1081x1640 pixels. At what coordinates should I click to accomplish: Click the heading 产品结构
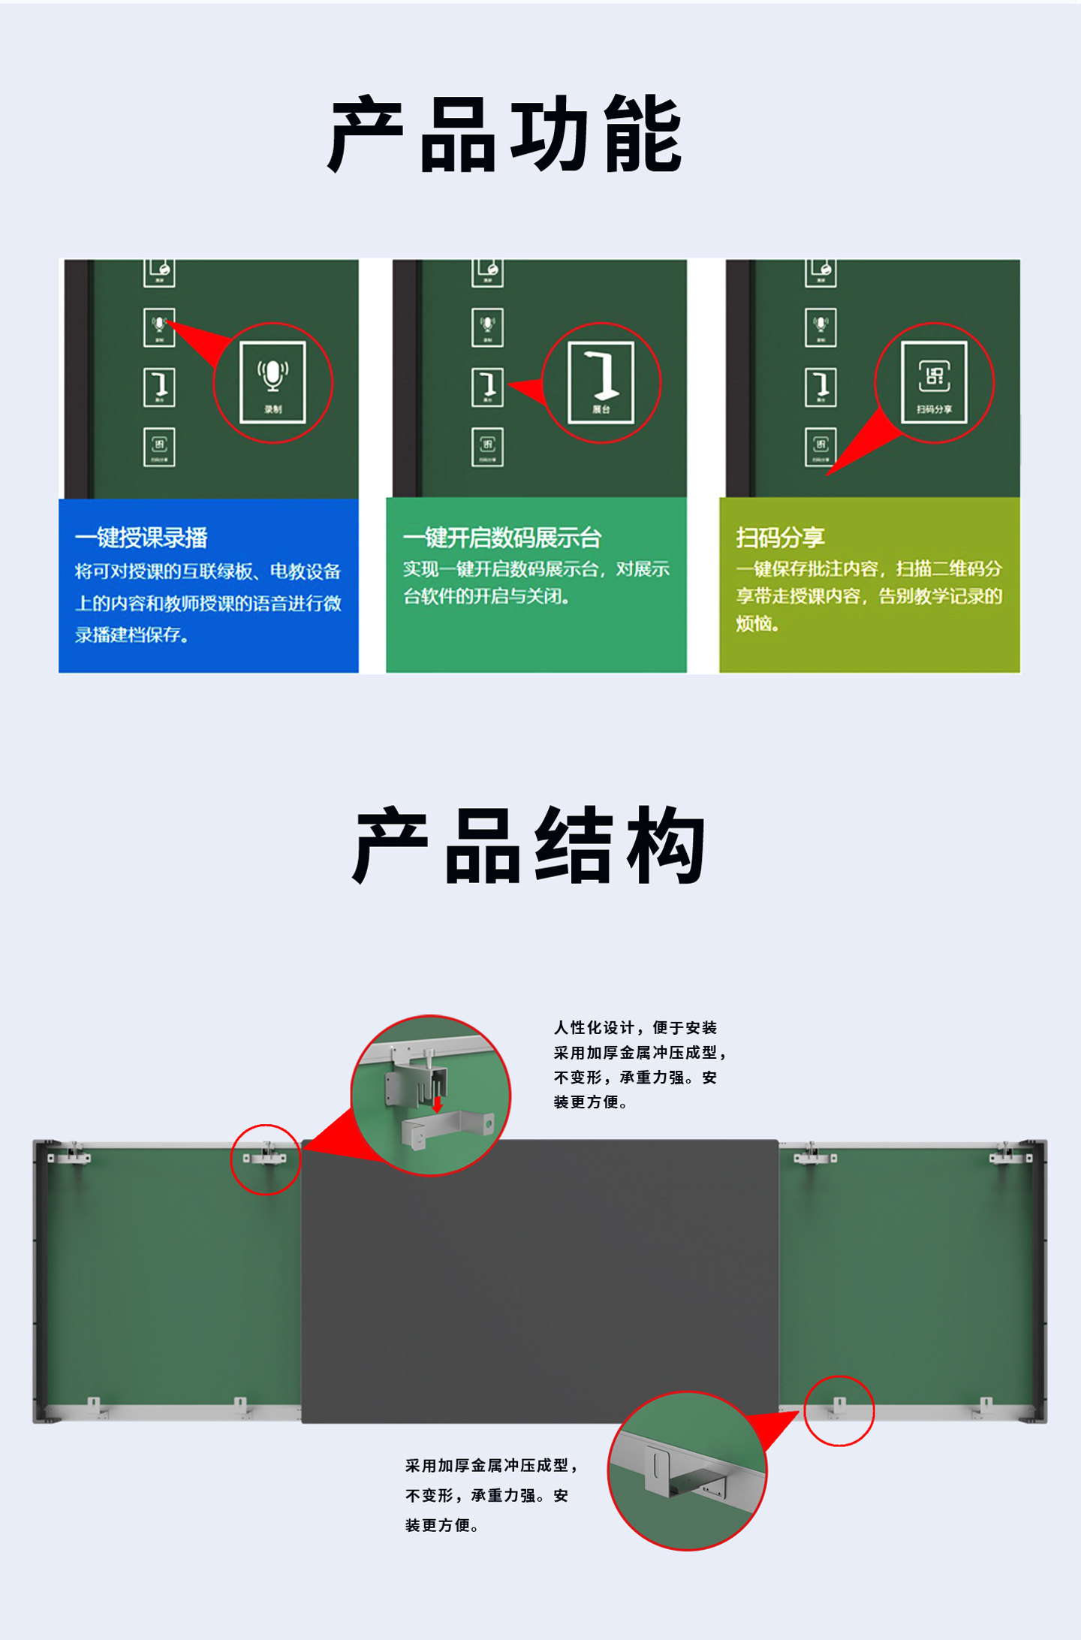[528, 846]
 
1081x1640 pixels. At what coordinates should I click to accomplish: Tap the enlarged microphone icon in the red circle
[273, 381]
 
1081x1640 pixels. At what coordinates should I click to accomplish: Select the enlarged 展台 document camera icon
[601, 381]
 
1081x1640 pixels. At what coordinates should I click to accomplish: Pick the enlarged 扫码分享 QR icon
[934, 381]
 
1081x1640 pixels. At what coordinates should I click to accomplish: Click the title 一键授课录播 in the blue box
[141, 538]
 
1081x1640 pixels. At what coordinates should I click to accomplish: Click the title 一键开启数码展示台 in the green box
[501, 538]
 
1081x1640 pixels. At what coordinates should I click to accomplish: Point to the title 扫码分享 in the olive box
[780, 538]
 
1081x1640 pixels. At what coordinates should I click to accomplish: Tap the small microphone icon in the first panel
[159, 327]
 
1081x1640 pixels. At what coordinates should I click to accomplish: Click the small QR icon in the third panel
[821, 447]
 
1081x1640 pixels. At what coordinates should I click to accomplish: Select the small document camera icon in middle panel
[487, 387]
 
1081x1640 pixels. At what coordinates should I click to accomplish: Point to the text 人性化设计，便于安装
[635, 1028]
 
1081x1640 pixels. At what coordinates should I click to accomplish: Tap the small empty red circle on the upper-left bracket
[265, 1159]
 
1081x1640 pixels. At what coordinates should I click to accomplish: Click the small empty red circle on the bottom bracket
[839, 1410]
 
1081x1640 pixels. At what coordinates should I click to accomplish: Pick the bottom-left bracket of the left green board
[94, 1406]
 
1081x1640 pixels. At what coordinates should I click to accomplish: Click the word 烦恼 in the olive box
[754, 624]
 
